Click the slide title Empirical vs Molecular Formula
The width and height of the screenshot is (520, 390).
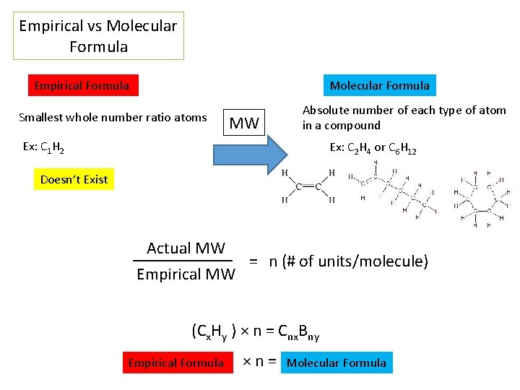tap(98, 36)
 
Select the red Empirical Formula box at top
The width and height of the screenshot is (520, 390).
tap(82, 86)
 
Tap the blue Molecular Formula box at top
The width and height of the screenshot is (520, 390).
tap(379, 86)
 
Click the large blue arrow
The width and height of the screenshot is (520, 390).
tap(249, 155)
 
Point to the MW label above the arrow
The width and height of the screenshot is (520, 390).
tap(243, 123)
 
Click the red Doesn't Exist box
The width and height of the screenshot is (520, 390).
tap(74, 180)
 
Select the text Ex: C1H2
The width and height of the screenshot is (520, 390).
tap(43, 147)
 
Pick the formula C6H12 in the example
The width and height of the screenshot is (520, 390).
tap(402, 148)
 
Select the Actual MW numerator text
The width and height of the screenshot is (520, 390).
tap(186, 248)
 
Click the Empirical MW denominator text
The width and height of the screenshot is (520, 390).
tap(186, 274)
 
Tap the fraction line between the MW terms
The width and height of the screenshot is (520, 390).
tap(183, 261)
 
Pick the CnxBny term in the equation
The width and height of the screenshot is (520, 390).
tap(300, 333)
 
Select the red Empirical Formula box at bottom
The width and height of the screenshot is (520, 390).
tap(176, 363)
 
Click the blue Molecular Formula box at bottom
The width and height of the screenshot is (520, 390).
tap(337, 363)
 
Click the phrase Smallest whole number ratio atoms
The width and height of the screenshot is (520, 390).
tap(113, 117)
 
